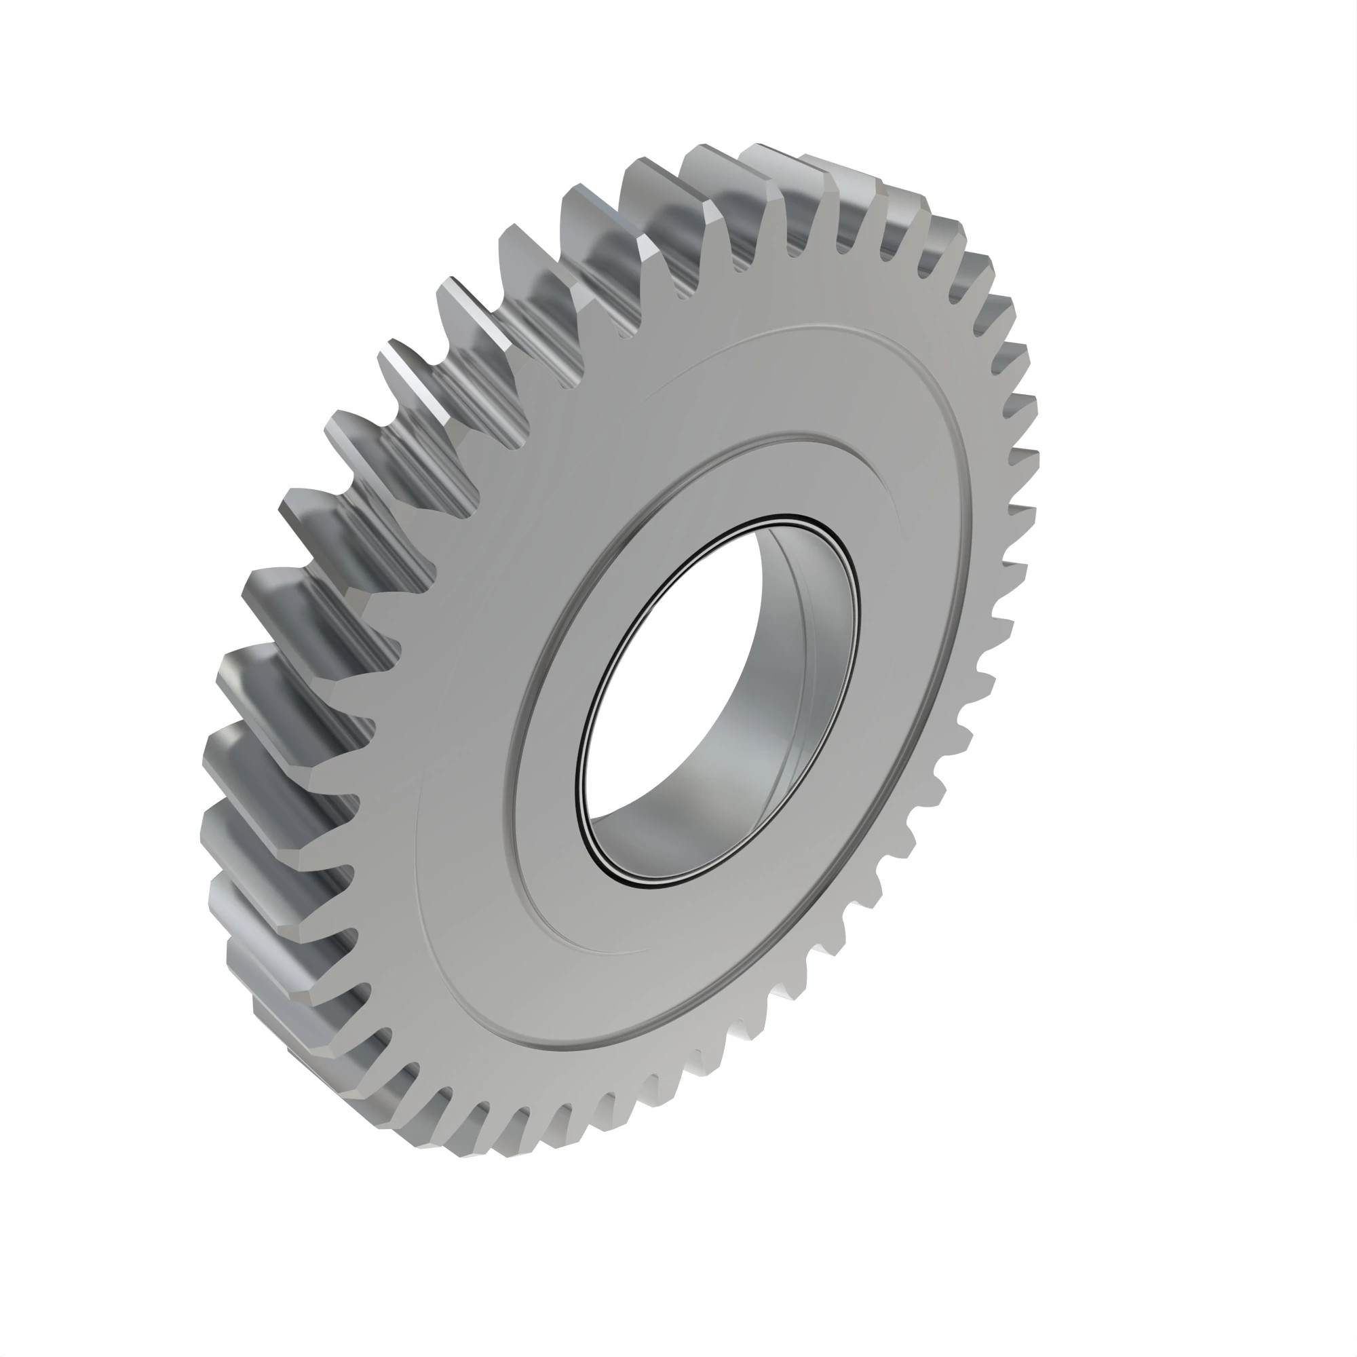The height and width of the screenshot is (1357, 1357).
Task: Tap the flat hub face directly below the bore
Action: pos(632,920)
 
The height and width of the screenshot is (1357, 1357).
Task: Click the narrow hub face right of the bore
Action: pos(878,632)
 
